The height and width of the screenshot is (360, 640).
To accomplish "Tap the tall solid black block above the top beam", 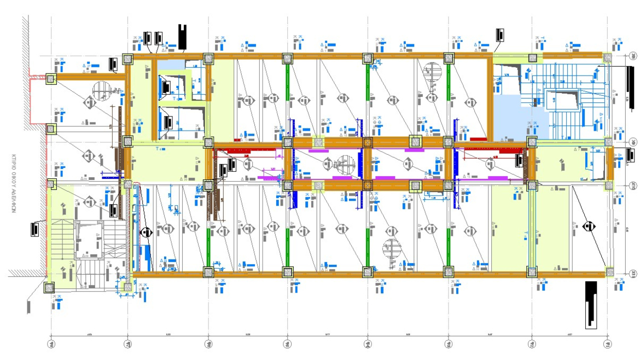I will [x=182, y=37].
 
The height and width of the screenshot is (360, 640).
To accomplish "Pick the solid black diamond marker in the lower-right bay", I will [x=589, y=225].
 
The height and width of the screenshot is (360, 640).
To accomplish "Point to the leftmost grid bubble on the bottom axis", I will [x=51, y=344].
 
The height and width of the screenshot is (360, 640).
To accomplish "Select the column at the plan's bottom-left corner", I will [x=50, y=287].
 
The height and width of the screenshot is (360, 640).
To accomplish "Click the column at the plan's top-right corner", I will [x=607, y=57].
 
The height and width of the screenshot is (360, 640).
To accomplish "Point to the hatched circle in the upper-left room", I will [x=101, y=89].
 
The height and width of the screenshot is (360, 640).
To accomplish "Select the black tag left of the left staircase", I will [x=36, y=228].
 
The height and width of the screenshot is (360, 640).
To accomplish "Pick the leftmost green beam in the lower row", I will [x=208, y=244].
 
